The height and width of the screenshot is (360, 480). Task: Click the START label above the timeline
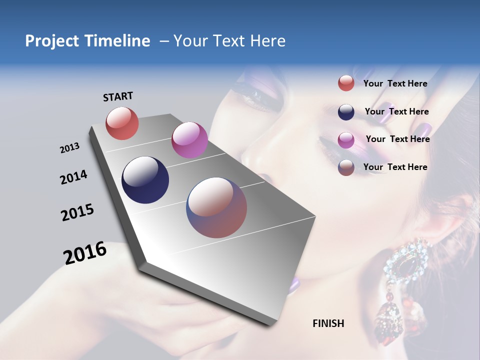pyautogui.click(x=118, y=96)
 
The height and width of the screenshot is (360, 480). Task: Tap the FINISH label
pyautogui.click(x=328, y=323)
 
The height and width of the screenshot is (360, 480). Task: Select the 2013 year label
pyautogui.click(x=69, y=148)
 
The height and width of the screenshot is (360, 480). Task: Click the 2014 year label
pyautogui.click(x=73, y=177)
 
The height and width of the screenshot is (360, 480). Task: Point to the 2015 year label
pyautogui.click(x=77, y=212)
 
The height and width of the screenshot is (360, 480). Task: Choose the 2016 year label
pyautogui.click(x=85, y=253)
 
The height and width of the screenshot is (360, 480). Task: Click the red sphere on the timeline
pyautogui.click(x=122, y=123)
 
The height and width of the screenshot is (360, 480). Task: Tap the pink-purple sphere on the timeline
pyautogui.click(x=189, y=140)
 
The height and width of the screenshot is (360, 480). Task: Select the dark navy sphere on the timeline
pyautogui.click(x=145, y=180)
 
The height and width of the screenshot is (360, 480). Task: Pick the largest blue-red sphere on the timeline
pyautogui.click(x=216, y=207)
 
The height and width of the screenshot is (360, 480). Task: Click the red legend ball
pyautogui.click(x=346, y=83)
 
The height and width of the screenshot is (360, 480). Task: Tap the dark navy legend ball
pyautogui.click(x=346, y=111)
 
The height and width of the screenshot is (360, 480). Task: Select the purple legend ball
pyautogui.click(x=346, y=139)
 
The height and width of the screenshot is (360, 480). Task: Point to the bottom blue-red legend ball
pyautogui.click(x=346, y=167)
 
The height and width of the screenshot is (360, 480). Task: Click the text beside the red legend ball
pyautogui.click(x=395, y=83)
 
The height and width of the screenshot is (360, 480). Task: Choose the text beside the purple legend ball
pyautogui.click(x=397, y=139)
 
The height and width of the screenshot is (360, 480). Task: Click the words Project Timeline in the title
pyautogui.click(x=87, y=41)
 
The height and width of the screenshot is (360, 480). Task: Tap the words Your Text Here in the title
pyautogui.click(x=229, y=41)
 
